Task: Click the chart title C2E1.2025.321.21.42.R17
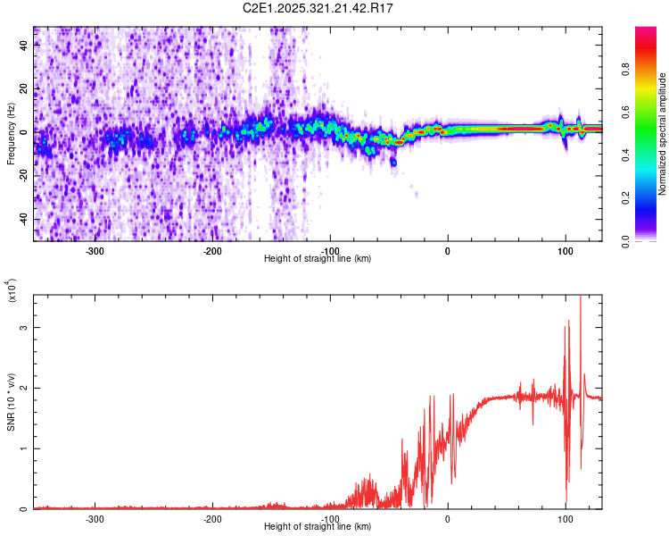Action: (x=318, y=8)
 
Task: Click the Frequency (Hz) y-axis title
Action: (x=11, y=134)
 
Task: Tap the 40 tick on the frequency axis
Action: (x=24, y=46)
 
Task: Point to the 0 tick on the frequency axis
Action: (x=24, y=133)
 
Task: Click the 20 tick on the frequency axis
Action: (x=24, y=90)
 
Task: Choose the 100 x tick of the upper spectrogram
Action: (x=566, y=251)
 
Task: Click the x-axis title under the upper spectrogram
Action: (x=318, y=259)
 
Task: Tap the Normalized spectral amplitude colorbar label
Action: (x=663, y=134)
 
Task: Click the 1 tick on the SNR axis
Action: (x=24, y=448)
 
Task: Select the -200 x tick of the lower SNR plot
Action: (x=213, y=519)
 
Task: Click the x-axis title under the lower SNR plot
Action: (x=318, y=527)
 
